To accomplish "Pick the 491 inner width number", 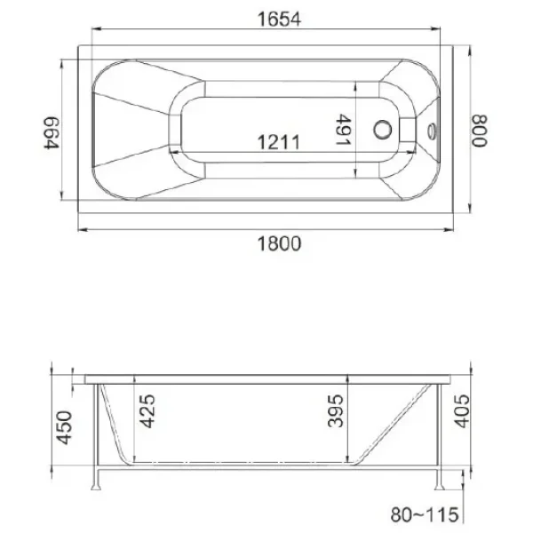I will click(344, 130).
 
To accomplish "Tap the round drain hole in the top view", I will click(385, 130).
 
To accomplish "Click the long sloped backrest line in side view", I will click(391, 423).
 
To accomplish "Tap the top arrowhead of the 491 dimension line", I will click(357, 87).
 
